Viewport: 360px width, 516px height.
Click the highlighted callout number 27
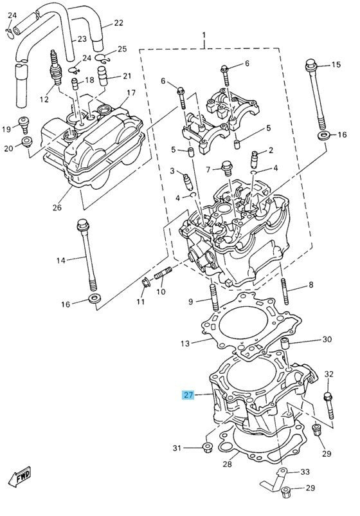188,394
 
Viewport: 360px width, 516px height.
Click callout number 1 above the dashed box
204,35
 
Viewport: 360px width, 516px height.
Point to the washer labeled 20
27,141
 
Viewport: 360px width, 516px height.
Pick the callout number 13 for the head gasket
185,344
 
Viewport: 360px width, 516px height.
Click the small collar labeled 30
285,344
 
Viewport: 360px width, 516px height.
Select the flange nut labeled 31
207,448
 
